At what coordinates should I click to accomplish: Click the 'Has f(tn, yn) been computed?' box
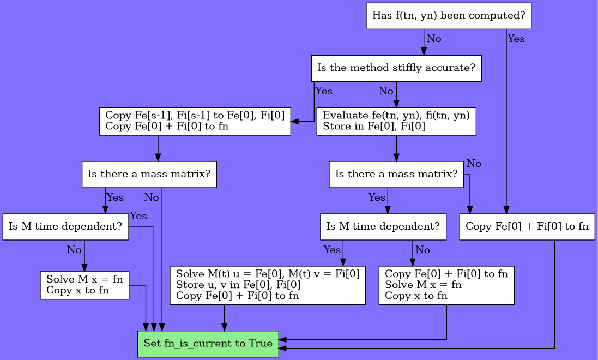[448, 16]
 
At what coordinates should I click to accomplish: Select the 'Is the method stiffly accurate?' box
[396, 68]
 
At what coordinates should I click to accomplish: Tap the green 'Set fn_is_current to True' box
[208, 344]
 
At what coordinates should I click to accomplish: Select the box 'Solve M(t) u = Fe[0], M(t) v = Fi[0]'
[267, 285]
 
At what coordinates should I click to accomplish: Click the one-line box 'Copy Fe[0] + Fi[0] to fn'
[527, 226]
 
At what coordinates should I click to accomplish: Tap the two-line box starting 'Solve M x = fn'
[84, 285]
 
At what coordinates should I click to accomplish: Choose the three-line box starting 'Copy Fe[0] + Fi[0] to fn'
[446, 285]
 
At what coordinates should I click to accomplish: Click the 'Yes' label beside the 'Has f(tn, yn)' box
[516, 39]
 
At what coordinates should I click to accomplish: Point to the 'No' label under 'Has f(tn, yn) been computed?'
[434, 39]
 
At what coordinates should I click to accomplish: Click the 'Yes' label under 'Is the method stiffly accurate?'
[323, 91]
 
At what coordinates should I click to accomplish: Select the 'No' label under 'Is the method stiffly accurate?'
[386, 91]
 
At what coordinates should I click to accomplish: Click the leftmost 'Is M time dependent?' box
[65, 226]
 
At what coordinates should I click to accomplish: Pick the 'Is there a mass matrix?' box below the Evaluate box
[396, 174]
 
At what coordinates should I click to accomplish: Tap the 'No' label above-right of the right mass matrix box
[474, 163]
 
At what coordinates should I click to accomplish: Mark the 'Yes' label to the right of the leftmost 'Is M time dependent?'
[138, 216]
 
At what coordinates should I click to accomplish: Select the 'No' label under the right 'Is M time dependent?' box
[422, 250]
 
